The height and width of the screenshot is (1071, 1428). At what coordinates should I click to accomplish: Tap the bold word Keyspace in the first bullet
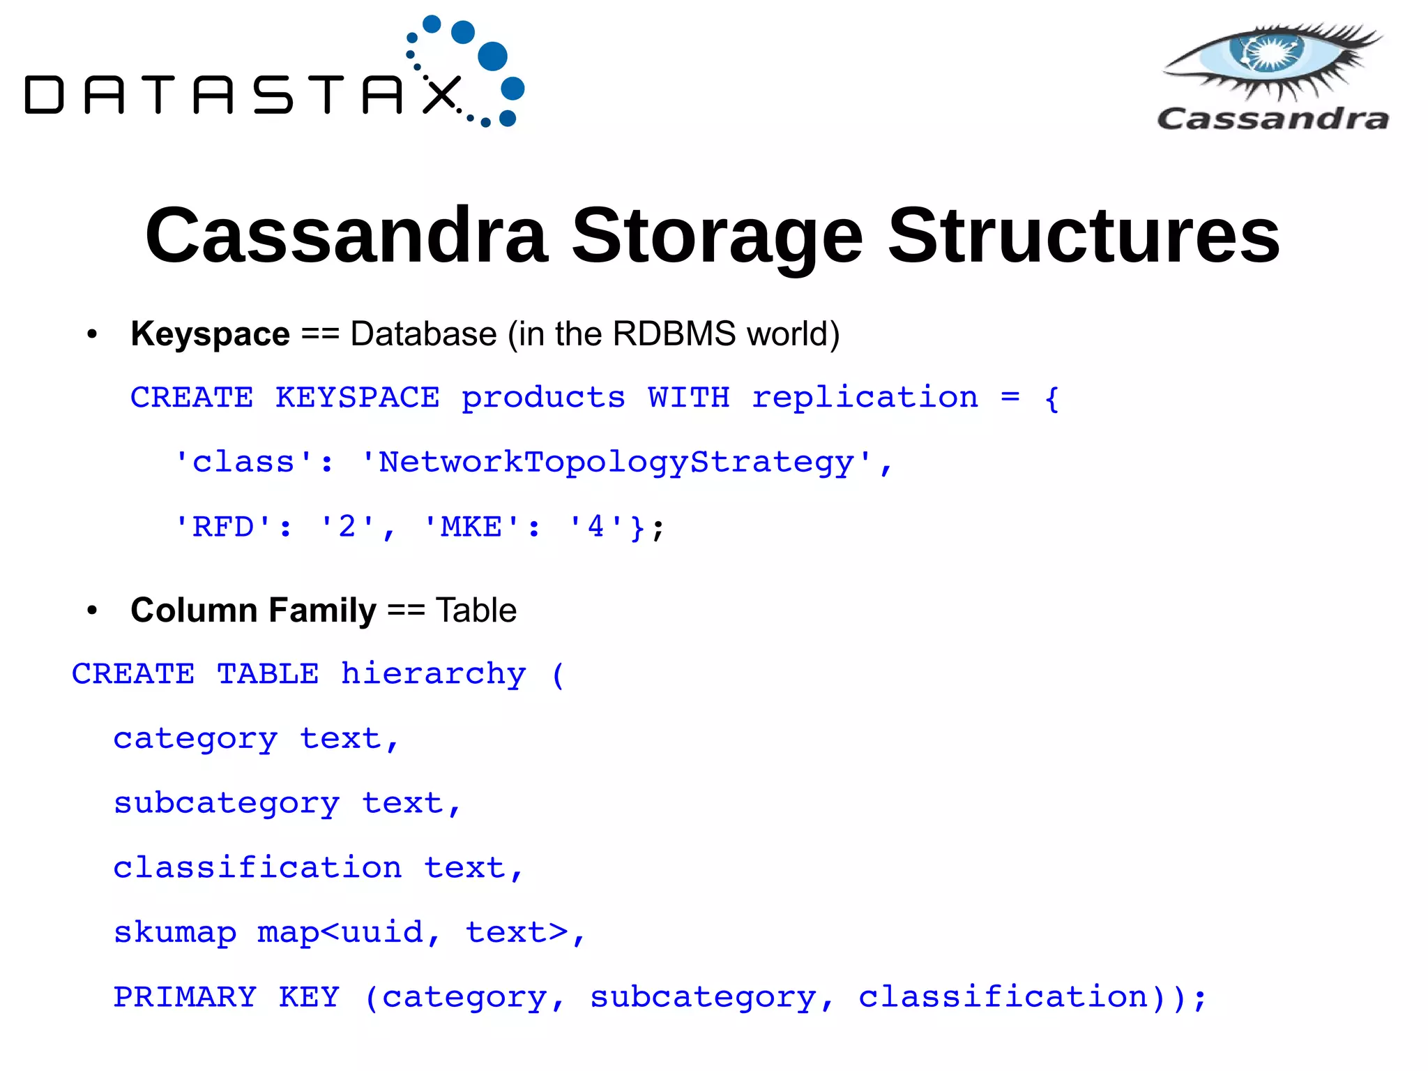coord(210,334)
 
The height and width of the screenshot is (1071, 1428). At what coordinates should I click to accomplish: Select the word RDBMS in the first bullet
coord(674,334)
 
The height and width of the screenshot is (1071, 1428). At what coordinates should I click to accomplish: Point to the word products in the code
coord(543,398)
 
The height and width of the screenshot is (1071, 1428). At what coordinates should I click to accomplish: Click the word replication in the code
coord(865,398)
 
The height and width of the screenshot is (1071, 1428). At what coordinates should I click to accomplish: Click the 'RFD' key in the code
coord(222,527)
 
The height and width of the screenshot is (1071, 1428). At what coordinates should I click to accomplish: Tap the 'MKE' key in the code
coord(471,527)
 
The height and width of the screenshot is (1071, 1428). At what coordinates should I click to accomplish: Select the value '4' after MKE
coord(595,527)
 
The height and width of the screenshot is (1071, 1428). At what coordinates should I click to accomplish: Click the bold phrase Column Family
coord(253,611)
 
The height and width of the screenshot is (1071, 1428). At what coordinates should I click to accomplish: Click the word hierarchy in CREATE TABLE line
coord(433,675)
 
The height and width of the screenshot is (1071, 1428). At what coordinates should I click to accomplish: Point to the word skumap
coord(175,933)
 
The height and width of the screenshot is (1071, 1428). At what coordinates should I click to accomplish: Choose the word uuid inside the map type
coord(383,933)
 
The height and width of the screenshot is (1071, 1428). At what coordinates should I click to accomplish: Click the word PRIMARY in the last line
coord(185,997)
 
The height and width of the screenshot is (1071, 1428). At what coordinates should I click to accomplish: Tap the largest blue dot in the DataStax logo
coord(493,57)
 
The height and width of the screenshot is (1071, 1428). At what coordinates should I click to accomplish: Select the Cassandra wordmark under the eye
coord(1273,119)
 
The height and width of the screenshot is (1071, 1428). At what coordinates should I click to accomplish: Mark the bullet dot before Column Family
coord(92,611)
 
